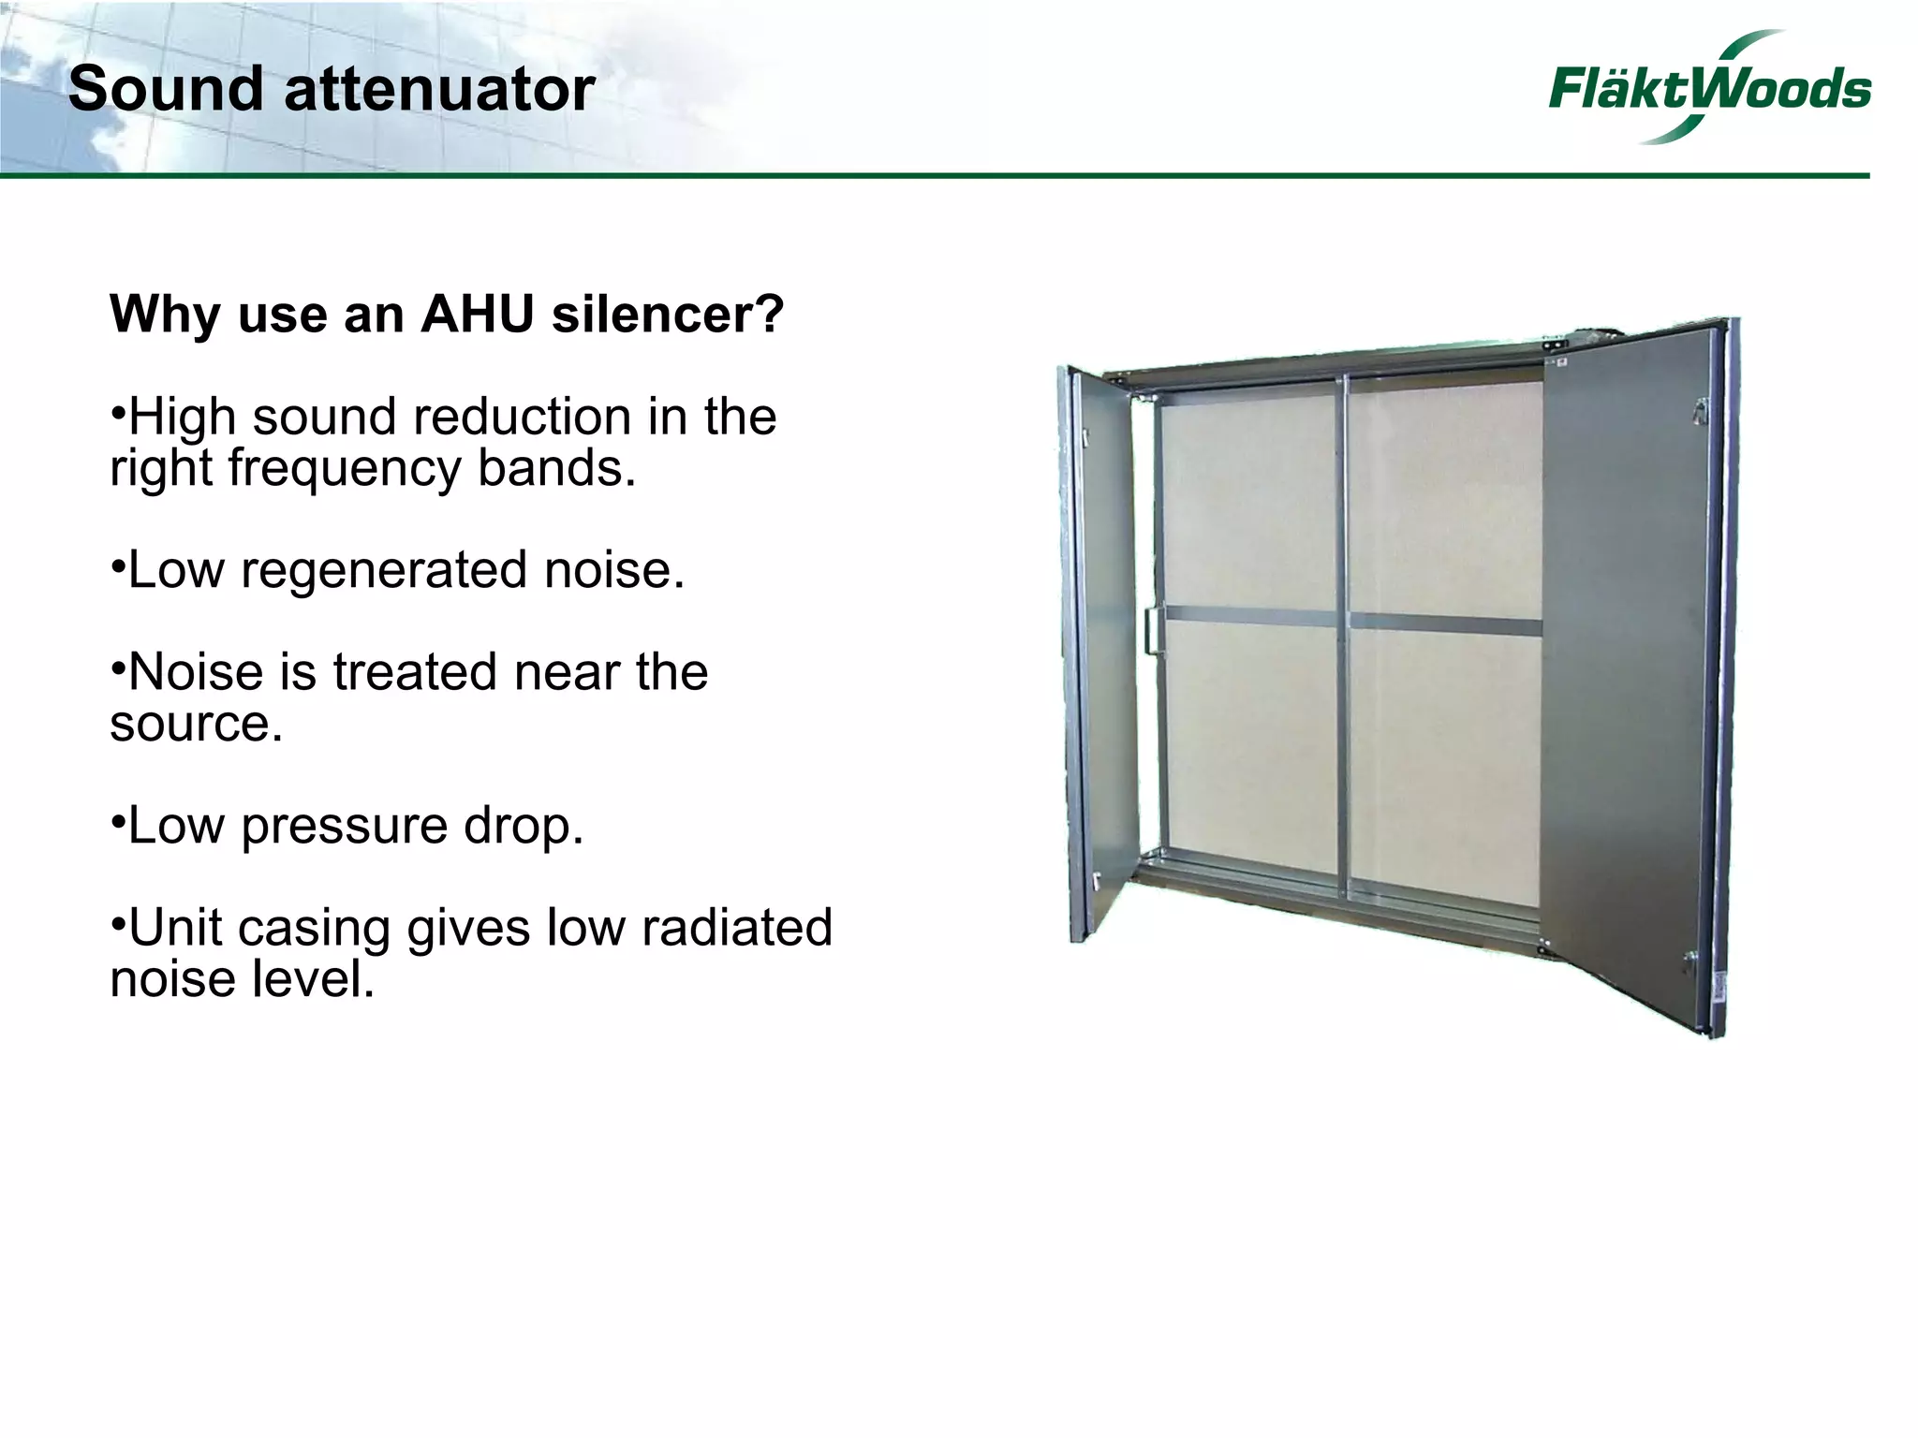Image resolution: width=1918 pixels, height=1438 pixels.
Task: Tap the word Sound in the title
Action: (x=166, y=90)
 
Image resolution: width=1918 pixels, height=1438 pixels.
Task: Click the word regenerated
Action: (x=384, y=570)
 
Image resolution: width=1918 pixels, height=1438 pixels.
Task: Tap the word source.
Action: (x=195, y=724)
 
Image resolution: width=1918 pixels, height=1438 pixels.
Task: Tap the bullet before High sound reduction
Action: (x=117, y=413)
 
